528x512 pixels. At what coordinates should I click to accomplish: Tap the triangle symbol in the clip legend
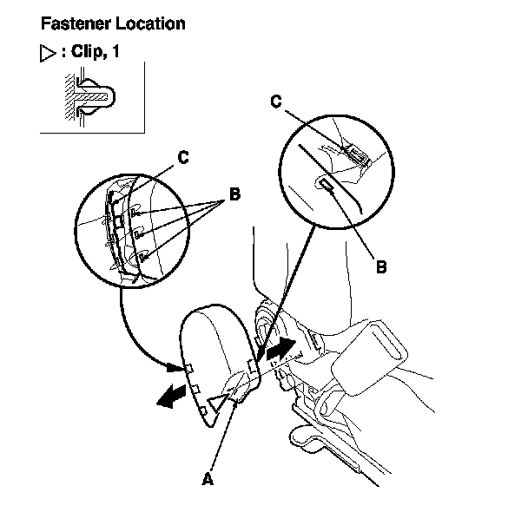(49, 52)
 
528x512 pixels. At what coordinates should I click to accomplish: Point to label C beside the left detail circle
(183, 158)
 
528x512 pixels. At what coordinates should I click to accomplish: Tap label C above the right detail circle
(275, 102)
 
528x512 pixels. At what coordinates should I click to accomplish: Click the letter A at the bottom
(207, 478)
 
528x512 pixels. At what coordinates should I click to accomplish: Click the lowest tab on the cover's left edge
(202, 409)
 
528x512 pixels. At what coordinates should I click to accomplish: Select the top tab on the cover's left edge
(186, 369)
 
